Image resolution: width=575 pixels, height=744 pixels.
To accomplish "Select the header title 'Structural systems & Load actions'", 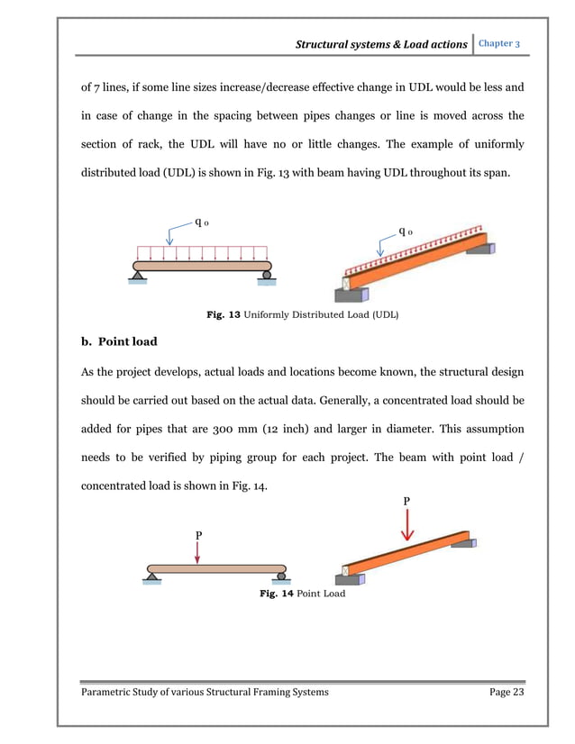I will coord(384,44).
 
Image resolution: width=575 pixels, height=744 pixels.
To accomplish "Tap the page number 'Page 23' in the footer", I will coord(501,691).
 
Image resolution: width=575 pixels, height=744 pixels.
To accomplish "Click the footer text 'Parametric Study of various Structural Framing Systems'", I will coord(205,691).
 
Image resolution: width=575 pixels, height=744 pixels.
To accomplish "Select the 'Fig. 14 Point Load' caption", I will coord(302,594).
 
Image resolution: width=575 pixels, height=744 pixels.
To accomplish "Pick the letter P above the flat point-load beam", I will coord(198,535).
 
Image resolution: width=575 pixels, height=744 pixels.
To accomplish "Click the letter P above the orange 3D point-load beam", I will coord(406,500).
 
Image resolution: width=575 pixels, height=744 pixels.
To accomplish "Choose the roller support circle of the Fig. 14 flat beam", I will coord(281,576).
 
